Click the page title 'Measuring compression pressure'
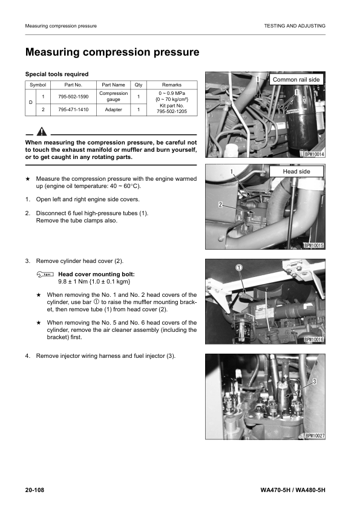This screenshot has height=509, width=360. (x=112, y=53)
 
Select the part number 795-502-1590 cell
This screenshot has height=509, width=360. (x=74, y=97)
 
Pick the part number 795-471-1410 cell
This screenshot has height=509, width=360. (x=74, y=109)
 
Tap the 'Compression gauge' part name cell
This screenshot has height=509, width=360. (x=113, y=97)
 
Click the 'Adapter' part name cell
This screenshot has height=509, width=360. (x=113, y=109)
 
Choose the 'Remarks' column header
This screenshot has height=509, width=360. (x=171, y=85)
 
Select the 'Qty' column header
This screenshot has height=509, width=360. (x=138, y=85)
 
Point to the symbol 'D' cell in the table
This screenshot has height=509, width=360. (x=31, y=103)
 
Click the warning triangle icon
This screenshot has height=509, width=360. (x=41, y=131)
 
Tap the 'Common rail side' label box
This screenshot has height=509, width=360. (x=296, y=80)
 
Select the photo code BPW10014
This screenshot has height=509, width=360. (x=314, y=154)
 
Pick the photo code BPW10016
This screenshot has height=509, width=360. (x=314, y=340)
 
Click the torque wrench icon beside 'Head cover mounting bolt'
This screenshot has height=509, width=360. (x=45, y=274)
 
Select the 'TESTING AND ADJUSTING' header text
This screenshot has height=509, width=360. (x=295, y=26)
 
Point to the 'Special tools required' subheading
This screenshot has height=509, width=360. (x=56, y=74)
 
